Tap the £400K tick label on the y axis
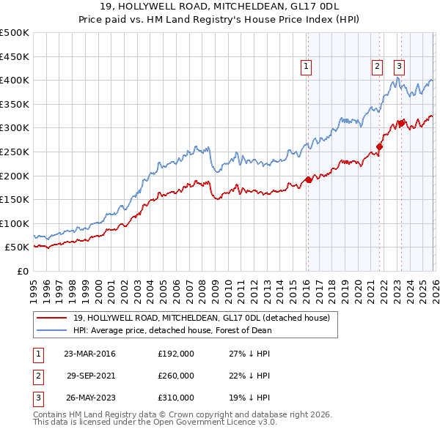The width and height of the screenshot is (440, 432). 14,81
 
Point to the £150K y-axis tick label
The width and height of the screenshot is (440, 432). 14,199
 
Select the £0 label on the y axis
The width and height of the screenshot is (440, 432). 22,271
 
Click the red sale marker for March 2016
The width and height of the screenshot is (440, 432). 308,179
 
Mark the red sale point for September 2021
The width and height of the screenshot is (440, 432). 380,146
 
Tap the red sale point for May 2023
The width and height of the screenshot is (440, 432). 401,123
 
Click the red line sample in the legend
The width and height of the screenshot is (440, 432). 51,318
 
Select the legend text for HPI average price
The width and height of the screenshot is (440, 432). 172,330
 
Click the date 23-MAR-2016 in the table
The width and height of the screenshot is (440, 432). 89,354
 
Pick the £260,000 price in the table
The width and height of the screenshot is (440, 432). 176,376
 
